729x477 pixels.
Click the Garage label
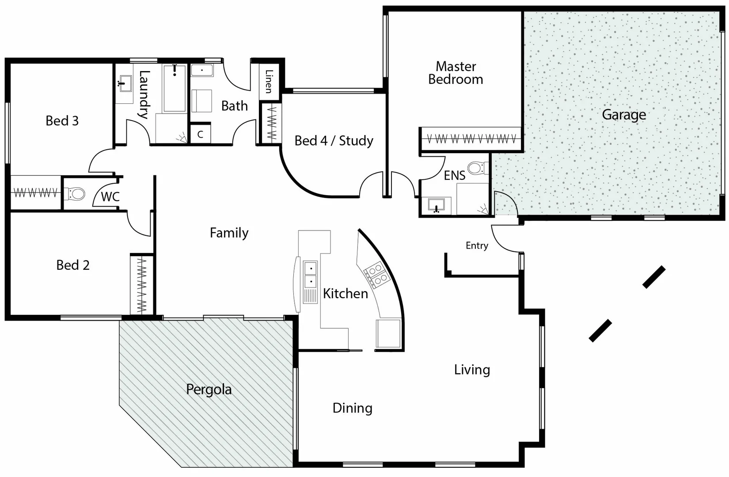coord(624,115)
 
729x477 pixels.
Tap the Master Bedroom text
coord(456,73)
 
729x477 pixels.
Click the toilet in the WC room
coord(76,194)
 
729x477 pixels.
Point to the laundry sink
coord(125,83)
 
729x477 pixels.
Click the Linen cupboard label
coord(269,81)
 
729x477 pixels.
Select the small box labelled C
coord(200,134)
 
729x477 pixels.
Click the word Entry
coord(477,246)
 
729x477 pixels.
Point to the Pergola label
coord(209,390)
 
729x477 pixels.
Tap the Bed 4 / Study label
coord(334,141)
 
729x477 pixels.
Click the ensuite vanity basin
coord(437,205)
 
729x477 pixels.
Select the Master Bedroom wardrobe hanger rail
coord(471,139)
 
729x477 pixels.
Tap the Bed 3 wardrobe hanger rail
coord(35,193)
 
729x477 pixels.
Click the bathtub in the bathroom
coord(175,88)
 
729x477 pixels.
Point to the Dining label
coord(352,408)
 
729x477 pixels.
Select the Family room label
coord(229,233)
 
